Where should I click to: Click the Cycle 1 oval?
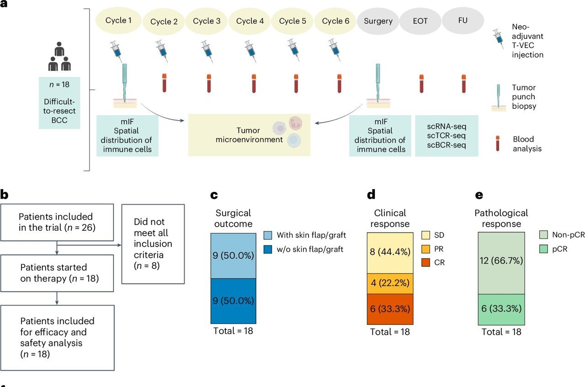tap(118, 21)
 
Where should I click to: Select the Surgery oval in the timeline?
tap(378, 21)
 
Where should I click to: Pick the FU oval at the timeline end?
tap(463, 21)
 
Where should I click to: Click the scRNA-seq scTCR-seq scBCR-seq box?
tap(446, 136)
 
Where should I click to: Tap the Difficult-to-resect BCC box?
tap(59, 103)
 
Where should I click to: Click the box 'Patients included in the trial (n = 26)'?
tap(57, 222)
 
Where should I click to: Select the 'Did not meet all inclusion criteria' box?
tap(153, 244)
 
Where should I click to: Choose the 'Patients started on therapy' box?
tap(57, 273)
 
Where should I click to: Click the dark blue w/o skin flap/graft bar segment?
tap(233, 301)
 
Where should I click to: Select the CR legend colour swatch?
tap(426, 263)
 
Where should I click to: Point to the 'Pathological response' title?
tap(501, 218)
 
